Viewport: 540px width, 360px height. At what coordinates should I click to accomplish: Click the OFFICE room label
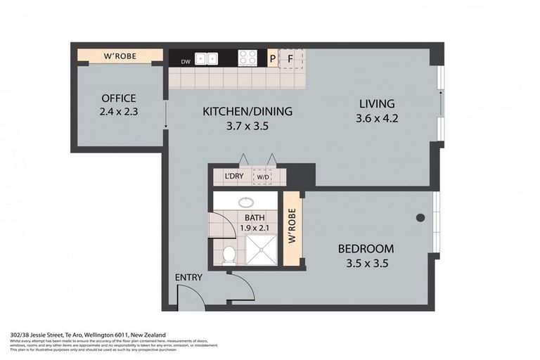(118, 98)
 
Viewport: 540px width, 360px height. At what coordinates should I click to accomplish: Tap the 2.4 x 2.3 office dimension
(118, 111)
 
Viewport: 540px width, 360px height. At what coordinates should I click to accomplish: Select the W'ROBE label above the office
(120, 56)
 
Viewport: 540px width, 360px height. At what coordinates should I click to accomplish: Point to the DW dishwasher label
(186, 62)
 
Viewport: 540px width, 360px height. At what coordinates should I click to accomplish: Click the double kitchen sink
(207, 58)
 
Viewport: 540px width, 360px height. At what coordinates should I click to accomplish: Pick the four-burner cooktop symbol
(247, 58)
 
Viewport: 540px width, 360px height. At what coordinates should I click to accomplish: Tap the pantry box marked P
(273, 58)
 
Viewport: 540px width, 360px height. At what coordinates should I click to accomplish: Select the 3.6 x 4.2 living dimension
(377, 118)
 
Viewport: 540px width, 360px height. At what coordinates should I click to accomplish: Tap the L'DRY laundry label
(233, 176)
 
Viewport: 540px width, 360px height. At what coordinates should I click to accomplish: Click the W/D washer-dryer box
(263, 176)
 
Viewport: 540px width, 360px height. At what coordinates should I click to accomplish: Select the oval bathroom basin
(245, 201)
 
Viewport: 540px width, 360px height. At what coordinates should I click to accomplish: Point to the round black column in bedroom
(420, 217)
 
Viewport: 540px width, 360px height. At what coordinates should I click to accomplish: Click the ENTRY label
(188, 278)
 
